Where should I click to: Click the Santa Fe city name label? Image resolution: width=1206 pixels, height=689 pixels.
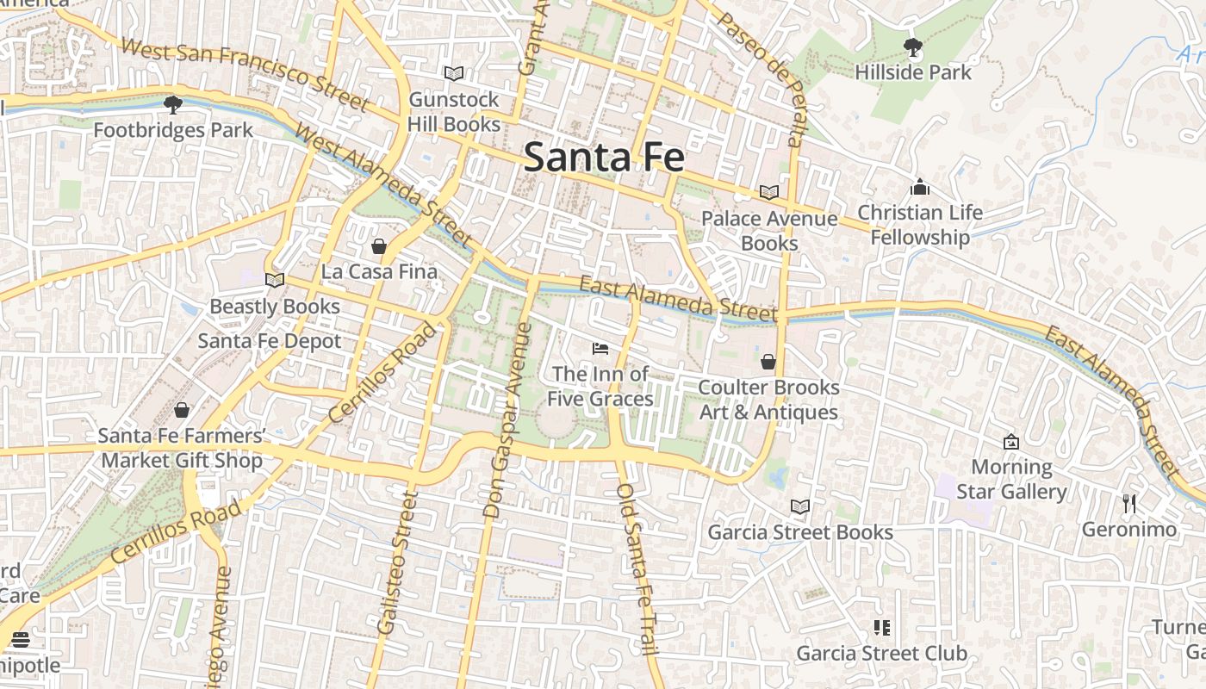pyautogui.click(x=604, y=158)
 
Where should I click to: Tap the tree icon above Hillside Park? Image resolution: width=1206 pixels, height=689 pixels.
pyautogui.click(x=912, y=47)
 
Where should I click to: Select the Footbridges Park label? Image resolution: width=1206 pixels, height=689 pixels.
pyautogui.click(x=173, y=130)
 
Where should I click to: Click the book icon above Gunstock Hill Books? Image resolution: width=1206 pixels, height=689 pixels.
pyautogui.click(x=454, y=74)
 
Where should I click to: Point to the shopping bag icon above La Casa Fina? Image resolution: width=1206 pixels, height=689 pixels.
pyautogui.click(x=379, y=247)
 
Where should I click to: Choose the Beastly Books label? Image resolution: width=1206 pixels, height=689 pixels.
pyautogui.click(x=275, y=307)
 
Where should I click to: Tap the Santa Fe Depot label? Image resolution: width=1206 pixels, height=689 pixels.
pyautogui.click(x=270, y=341)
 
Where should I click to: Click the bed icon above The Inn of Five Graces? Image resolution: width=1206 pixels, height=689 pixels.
pyautogui.click(x=600, y=349)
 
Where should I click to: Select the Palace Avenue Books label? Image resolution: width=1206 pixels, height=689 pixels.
pyautogui.click(x=769, y=231)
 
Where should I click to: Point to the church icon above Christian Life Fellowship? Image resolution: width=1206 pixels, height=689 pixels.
pyautogui.click(x=920, y=187)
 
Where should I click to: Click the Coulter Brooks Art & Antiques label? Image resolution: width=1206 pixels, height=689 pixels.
pyautogui.click(x=768, y=400)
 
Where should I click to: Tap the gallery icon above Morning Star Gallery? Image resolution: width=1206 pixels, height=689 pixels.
pyautogui.click(x=1011, y=442)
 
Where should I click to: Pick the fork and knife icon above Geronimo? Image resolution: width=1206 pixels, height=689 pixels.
pyautogui.click(x=1129, y=504)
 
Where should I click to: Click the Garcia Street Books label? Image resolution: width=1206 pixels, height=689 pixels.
pyautogui.click(x=800, y=532)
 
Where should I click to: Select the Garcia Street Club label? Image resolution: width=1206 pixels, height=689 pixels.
pyautogui.click(x=881, y=653)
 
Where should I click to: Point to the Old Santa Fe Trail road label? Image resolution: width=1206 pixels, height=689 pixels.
pyautogui.click(x=638, y=569)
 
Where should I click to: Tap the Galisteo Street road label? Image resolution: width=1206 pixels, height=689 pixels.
pyautogui.click(x=396, y=563)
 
